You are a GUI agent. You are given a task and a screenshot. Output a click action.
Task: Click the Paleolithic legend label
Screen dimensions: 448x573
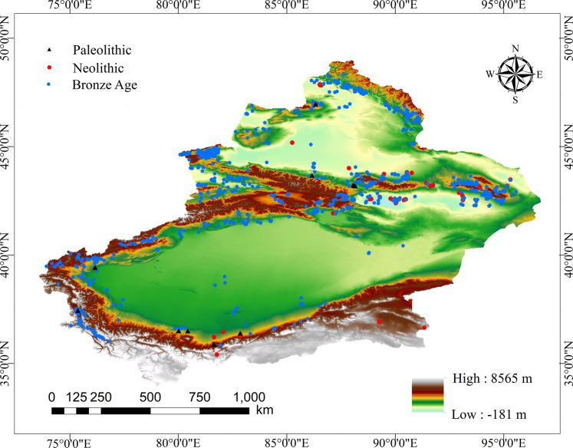102,51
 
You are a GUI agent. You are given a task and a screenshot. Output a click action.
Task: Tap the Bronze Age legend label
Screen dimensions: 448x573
104,85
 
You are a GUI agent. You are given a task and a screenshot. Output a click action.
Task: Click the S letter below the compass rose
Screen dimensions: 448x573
515,100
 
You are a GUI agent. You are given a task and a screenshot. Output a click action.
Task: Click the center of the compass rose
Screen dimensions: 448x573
515,74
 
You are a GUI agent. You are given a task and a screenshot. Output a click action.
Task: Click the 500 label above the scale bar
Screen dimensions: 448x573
150,397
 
